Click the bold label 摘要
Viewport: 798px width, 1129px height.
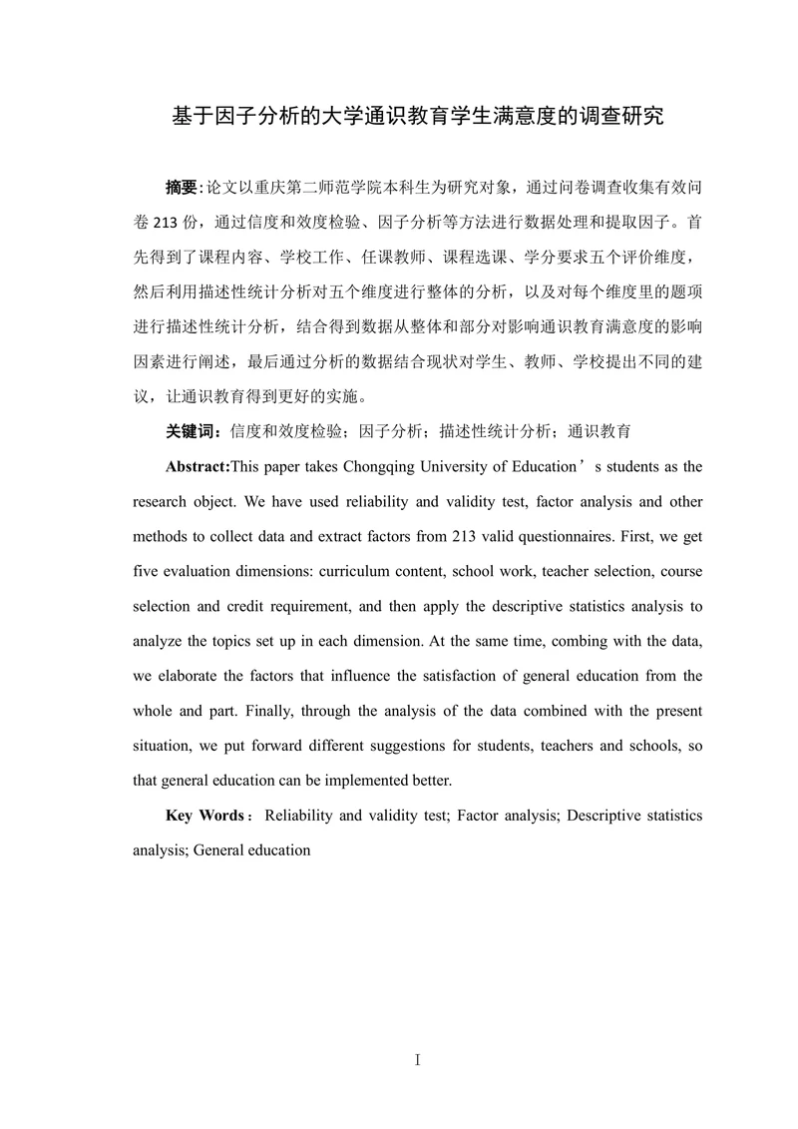183,187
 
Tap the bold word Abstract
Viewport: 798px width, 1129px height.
198,466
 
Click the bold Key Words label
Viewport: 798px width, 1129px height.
203,816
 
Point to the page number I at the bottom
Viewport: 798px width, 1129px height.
417,1060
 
